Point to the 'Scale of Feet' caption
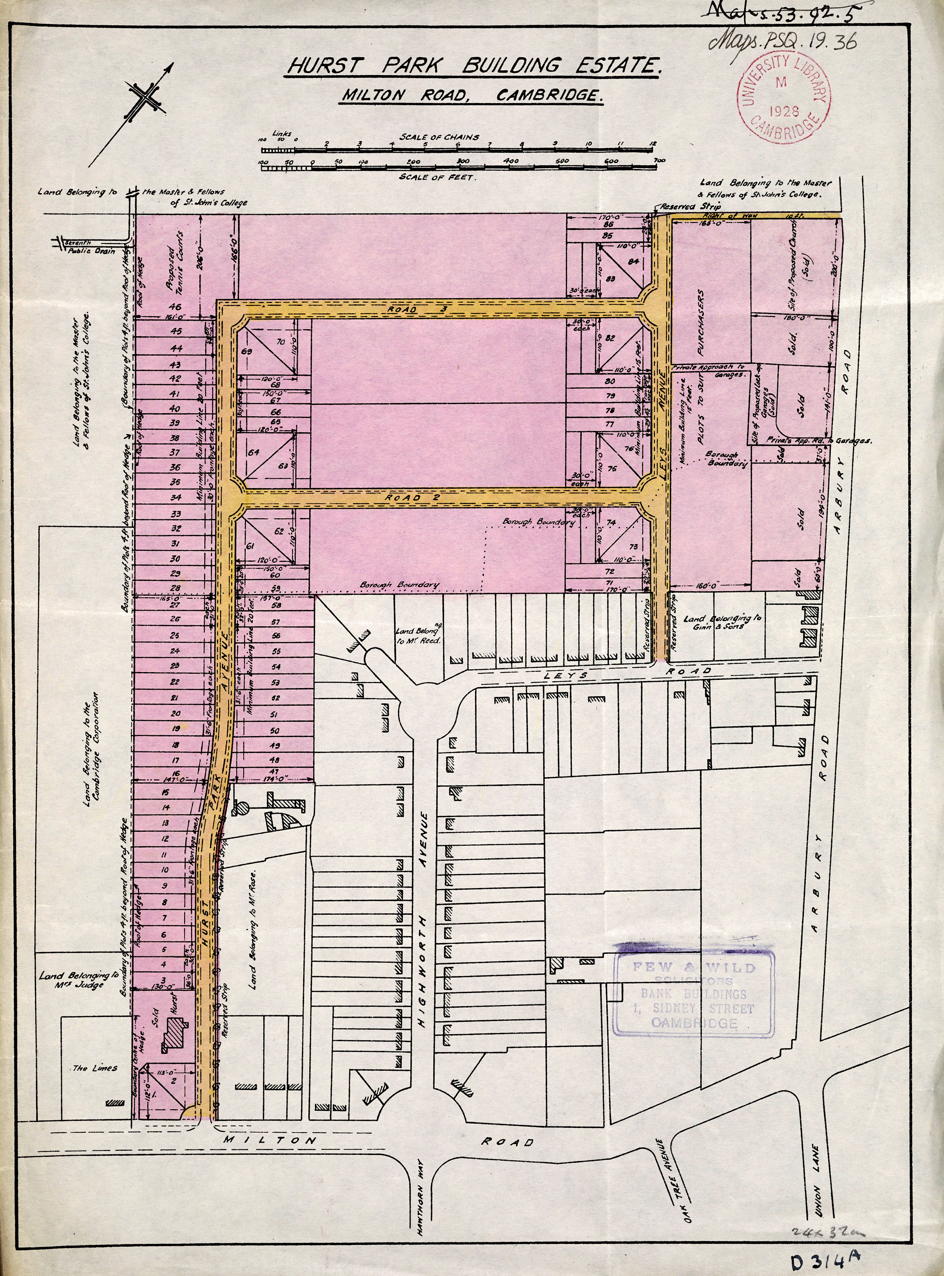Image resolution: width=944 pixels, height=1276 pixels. pos(437,177)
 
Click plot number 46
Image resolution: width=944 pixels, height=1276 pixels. pos(176,307)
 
